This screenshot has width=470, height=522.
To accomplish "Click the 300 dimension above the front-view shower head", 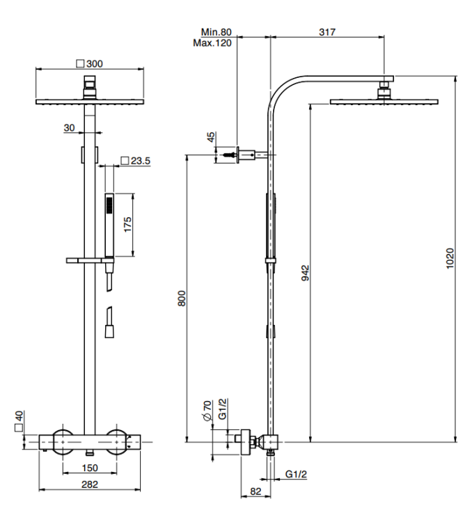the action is coord(94,63).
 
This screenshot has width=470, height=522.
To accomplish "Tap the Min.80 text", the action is coord(216,32).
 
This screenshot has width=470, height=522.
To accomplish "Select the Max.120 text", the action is coord(212,43).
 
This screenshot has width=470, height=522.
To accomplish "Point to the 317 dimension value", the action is coord(327,32).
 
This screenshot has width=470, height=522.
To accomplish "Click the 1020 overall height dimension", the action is coord(450,258).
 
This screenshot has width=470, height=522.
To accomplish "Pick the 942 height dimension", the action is coord(305,273).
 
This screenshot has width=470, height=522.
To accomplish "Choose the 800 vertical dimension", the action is coord(182,299).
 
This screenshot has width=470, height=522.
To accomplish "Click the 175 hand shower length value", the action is coord(127,225).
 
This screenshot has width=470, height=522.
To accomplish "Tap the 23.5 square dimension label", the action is coord(140,161).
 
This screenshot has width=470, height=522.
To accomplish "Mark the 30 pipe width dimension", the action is coord(70,127).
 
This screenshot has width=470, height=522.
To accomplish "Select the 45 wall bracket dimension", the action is coord(211,137).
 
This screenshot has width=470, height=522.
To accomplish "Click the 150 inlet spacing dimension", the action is coord(90,468).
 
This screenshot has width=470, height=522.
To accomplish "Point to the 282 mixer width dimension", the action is coord(90,484).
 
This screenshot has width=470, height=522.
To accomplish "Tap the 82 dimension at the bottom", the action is coord(256,491).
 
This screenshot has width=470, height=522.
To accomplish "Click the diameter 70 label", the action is coord(207,411).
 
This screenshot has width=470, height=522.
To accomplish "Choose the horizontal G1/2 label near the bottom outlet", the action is coord(296,474).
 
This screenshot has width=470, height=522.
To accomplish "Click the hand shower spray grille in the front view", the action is coord(109,205).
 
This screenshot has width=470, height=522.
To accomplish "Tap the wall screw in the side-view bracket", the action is coord(230,155).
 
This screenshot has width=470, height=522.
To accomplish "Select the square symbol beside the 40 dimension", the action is coord(19,427).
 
